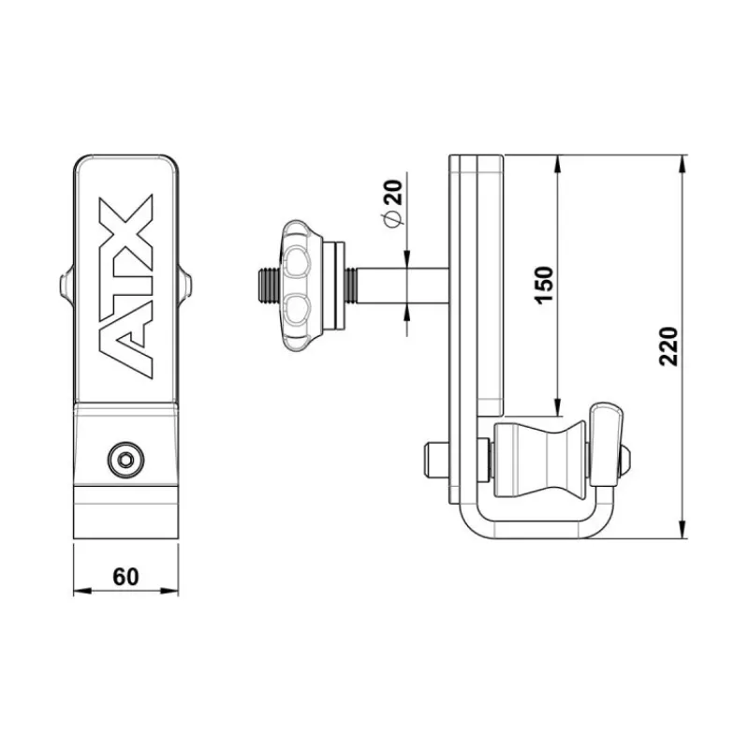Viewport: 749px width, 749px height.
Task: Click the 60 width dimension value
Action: (x=125, y=577)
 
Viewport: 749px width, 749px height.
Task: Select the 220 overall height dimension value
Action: (x=668, y=346)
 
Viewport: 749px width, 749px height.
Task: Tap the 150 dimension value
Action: (x=544, y=286)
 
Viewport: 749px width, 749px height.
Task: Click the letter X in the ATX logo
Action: (x=125, y=223)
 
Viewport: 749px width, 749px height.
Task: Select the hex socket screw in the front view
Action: (x=125, y=460)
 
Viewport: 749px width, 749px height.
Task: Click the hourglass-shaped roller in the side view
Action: (x=540, y=460)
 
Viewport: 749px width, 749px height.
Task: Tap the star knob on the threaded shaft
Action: (x=300, y=286)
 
